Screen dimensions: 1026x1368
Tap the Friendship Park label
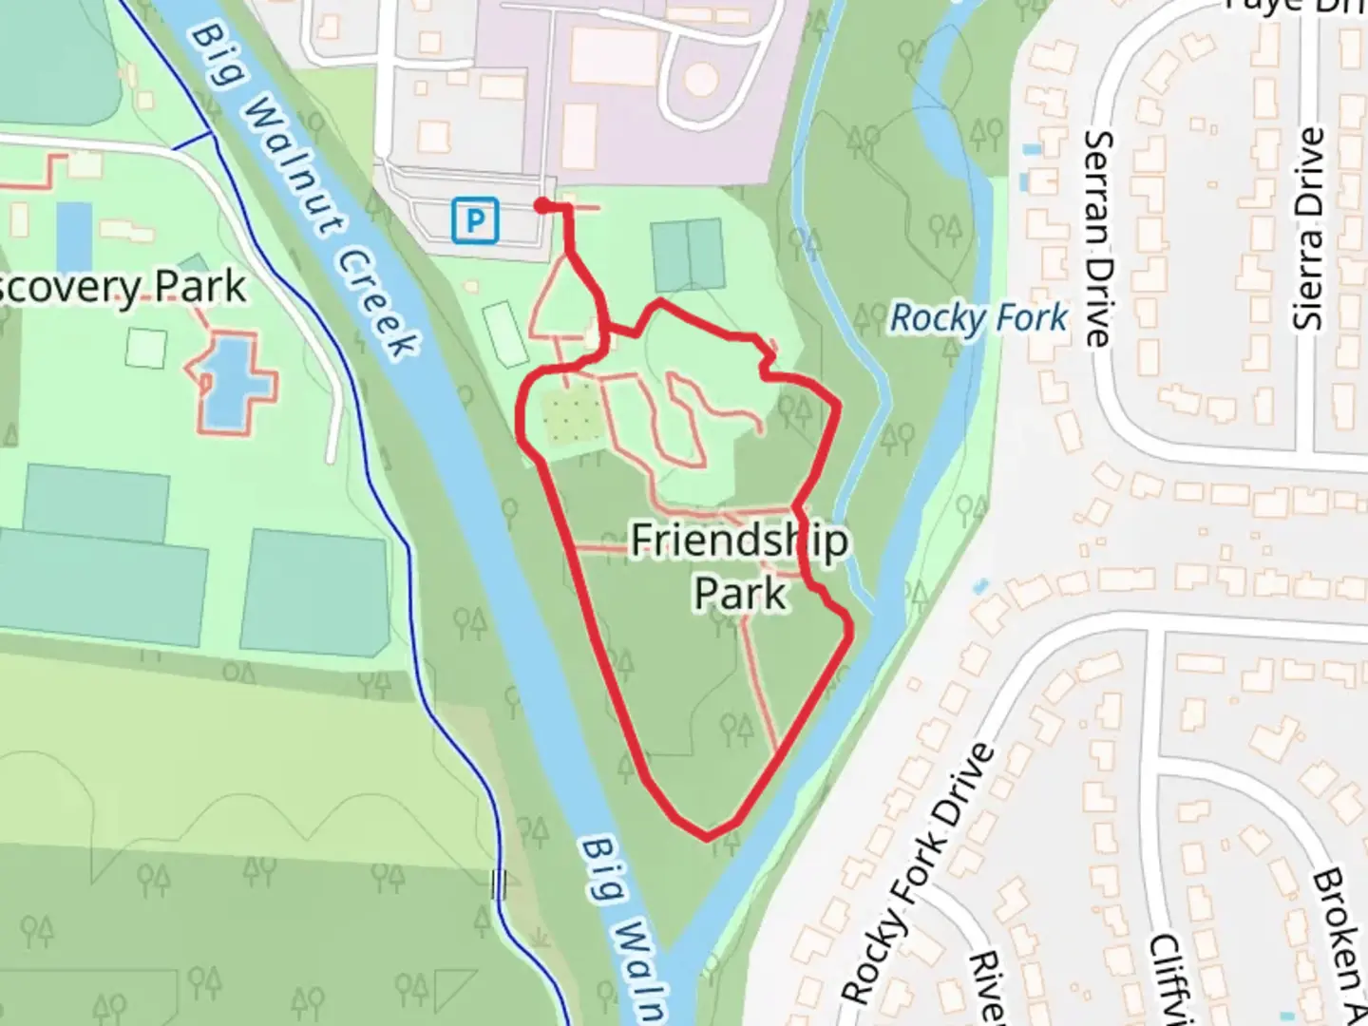click(740, 567)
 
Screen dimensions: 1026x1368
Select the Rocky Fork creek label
click(978, 319)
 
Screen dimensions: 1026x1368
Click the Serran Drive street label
click(1098, 237)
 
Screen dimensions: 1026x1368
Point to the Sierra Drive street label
click(1310, 229)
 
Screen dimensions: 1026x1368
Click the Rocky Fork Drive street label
click(918, 874)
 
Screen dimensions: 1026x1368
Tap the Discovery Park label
click(123, 287)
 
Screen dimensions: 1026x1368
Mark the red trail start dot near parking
click(541, 205)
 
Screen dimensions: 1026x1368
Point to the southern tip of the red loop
click(707, 837)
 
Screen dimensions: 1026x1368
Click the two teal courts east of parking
click(687, 255)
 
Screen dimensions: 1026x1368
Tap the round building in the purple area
click(701, 79)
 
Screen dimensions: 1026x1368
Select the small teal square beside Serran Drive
click(1032, 150)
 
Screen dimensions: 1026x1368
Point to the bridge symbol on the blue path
click(499, 884)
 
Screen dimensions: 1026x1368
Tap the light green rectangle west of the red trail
click(504, 333)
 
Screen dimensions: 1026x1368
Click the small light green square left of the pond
click(144, 348)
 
